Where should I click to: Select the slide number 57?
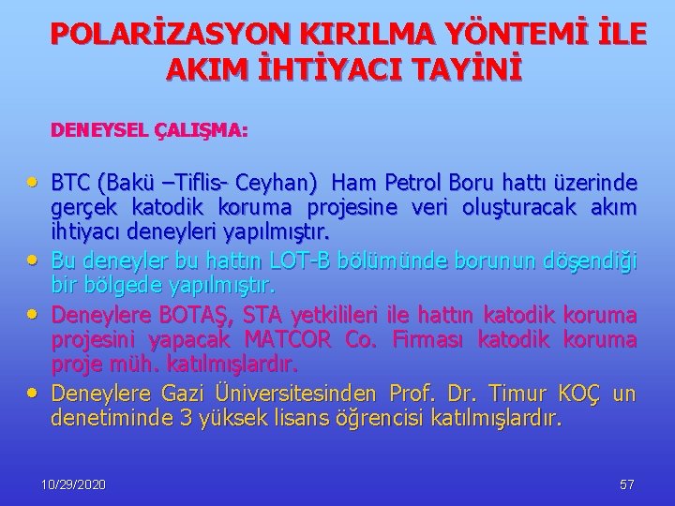click(627, 485)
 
